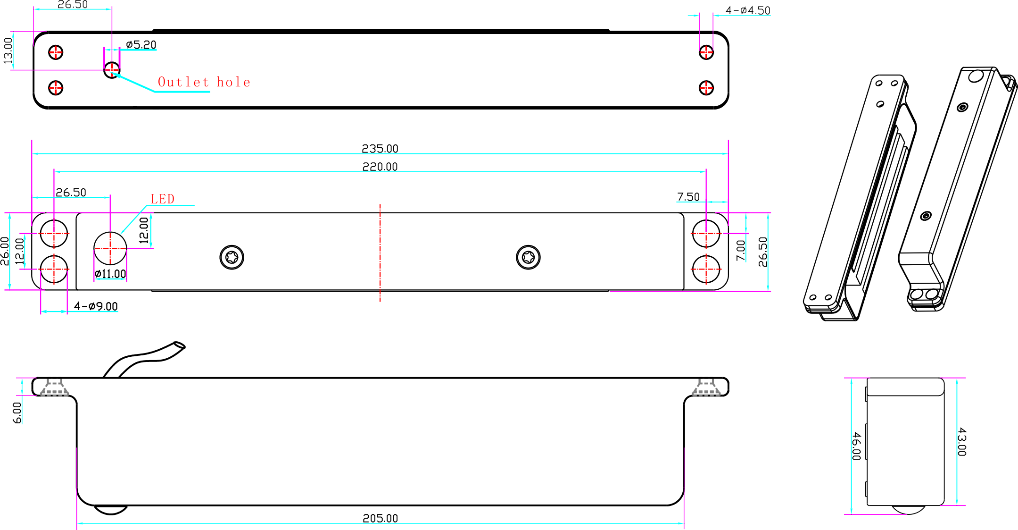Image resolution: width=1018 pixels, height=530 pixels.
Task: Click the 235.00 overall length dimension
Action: [x=380, y=149]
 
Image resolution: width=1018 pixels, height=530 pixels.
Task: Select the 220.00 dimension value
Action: [x=380, y=167]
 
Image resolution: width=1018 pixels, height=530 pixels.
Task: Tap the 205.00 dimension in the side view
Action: [x=380, y=518]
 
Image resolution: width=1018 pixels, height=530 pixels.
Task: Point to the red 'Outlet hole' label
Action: [x=204, y=82]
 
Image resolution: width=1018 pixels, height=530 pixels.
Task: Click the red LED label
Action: [x=162, y=199]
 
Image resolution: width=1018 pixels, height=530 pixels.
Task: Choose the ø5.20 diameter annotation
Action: [x=141, y=45]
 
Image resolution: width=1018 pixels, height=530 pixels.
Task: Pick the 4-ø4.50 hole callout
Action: [x=747, y=10]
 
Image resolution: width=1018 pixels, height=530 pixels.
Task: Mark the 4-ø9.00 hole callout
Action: [x=96, y=306]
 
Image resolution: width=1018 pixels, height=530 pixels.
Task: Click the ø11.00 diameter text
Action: [x=110, y=274]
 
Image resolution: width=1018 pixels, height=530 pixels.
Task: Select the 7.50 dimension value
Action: [x=688, y=197]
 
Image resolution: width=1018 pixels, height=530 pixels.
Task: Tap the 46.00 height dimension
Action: [x=856, y=446]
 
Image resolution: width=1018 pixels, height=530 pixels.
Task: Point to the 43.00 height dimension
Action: [x=962, y=442]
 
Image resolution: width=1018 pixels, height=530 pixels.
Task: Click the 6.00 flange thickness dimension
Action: [x=17, y=412]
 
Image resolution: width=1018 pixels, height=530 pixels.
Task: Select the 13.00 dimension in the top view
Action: [x=8, y=50]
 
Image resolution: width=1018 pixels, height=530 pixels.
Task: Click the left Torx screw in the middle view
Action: [x=232, y=257]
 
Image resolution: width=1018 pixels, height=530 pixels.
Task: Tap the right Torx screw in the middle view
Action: [x=528, y=257]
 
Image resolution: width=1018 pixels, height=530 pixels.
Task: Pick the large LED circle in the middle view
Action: [x=110, y=248]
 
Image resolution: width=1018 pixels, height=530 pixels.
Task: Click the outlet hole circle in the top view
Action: [x=112, y=70]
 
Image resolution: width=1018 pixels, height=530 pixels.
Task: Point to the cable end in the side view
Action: [x=180, y=345]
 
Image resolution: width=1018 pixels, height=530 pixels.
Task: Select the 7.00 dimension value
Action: [x=741, y=250]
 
